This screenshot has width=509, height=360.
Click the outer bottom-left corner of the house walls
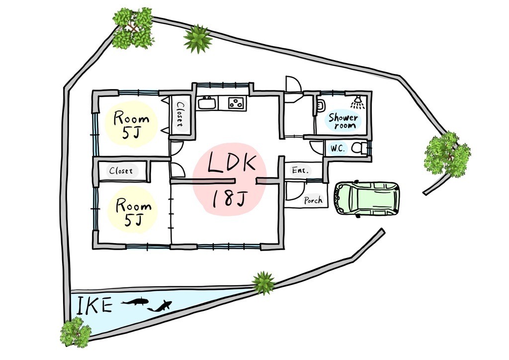click(x=93, y=249)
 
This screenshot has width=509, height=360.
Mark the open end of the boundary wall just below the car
click(x=382, y=231)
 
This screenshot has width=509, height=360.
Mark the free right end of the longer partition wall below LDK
click(x=235, y=181)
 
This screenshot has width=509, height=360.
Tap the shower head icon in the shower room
click(x=357, y=102)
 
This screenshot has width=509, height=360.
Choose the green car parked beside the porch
click(x=366, y=198)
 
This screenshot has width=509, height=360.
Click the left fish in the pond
click(x=135, y=301)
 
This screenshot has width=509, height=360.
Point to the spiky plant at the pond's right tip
click(x=263, y=283)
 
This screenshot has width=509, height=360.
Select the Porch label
click(x=313, y=200)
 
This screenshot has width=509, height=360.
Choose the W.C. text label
click(x=338, y=149)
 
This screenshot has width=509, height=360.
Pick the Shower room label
click(x=343, y=121)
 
